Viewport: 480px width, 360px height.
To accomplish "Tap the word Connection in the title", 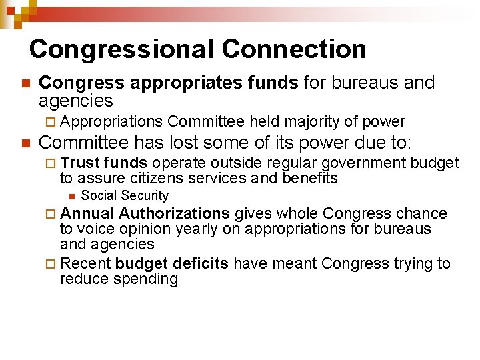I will [x=294, y=49].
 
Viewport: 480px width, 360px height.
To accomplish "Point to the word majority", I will [x=312, y=121].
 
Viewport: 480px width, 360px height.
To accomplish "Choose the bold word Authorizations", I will [x=175, y=213].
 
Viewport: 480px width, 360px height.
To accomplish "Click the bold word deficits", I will [x=201, y=263].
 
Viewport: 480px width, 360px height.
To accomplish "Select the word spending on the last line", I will [x=146, y=279].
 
